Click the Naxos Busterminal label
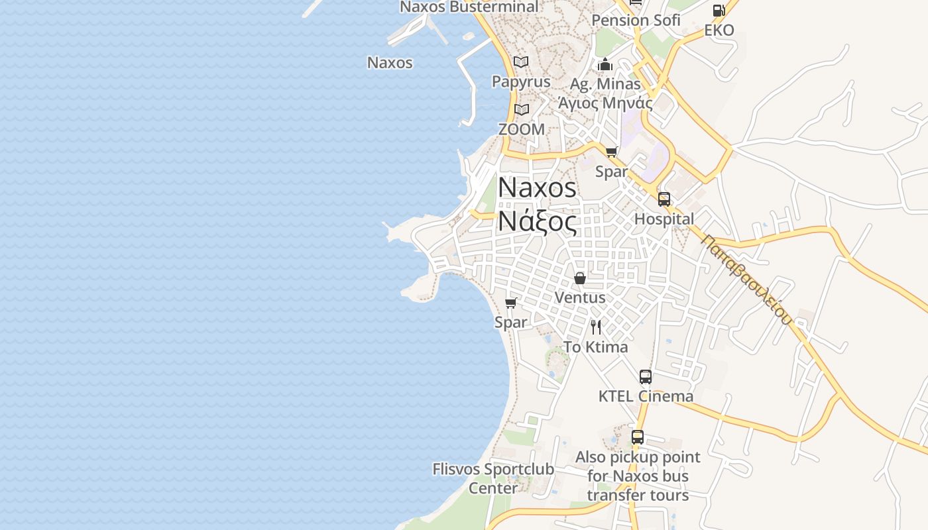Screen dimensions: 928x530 click(469, 7)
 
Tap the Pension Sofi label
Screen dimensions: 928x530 click(636, 21)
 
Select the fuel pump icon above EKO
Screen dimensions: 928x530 click(719, 11)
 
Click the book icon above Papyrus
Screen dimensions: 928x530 click(521, 62)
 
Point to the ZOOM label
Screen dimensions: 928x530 click(521, 129)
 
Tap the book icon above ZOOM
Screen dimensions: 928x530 click(521, 109)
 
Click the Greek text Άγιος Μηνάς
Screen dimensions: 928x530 click(605, 103)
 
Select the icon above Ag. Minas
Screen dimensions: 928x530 click(605, 65)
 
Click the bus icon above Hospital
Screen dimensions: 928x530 click(664, 199)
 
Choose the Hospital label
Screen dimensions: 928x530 click(664, 219)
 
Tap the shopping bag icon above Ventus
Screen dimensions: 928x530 click(580, 278)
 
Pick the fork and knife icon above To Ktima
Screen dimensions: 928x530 click(596, 327)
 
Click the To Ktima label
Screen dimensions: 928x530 click(595, 346)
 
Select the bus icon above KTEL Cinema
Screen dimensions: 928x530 click(646, 377)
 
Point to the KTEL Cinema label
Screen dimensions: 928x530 click(646, 396)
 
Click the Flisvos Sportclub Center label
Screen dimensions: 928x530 click(493, 478)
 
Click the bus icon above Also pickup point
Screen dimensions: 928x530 click(637, 437)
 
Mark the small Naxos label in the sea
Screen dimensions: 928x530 click(390, 63)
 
